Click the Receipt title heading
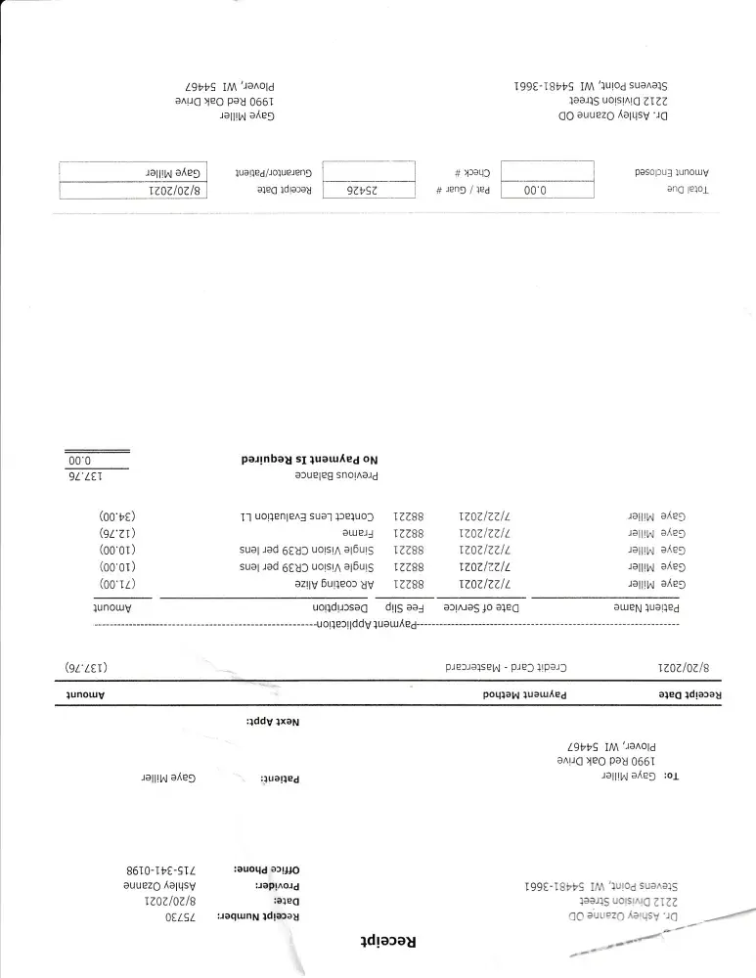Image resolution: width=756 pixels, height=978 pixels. pyautogui.click(x=379, y=942)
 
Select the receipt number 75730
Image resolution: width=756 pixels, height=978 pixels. pyautogui.click(x=180, y=916)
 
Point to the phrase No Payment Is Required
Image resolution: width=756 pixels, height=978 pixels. pyautogui.click(x=309, y=458)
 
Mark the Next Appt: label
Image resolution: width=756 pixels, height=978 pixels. pyautogui.click(x=273, y=721)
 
